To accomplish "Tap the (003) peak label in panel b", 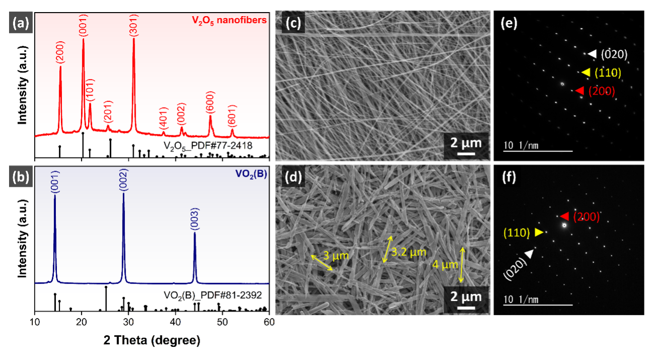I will [x=195, y=222].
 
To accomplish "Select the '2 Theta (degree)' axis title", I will [x=152, y=340].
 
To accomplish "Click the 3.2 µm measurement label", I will [x=408, y=252].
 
